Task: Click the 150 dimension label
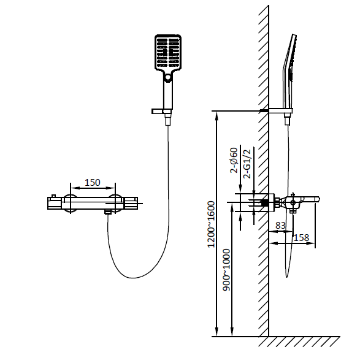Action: pyautogui.click(x=93, y=183)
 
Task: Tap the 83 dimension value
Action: pyautogui.click(x=281, y=226)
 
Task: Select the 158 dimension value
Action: pyautogui.click(x=301, y=238)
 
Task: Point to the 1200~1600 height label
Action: pyautogui.click(x=211, y=224)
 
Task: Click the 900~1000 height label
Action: pyautogui.click(x=226, y=270)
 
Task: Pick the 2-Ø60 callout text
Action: pyautogui.click(x=234, y=160)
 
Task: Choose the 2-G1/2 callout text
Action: pyautogui.click(x=247, y=164)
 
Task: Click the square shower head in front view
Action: pyautogui.click(x=168, y=52)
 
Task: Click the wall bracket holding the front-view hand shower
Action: pyautogui.click(x=161, y=112)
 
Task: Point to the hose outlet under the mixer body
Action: pyautogui.click(x=108, y=212)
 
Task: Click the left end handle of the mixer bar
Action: pyautogui.click(x=55, y=203)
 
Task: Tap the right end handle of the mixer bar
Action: pyautogui.click(x=131, y=203)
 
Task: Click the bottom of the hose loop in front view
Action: pyautogui.click(x=133, y=278)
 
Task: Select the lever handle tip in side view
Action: pyautogui.click(x=318, y=199)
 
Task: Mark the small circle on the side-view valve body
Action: pyautogui.click(x=293, y=203)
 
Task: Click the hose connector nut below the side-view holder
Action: pyautogui.click(x=287, y=121)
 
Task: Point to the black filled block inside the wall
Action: pyautogui.click(x=265, y=203)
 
